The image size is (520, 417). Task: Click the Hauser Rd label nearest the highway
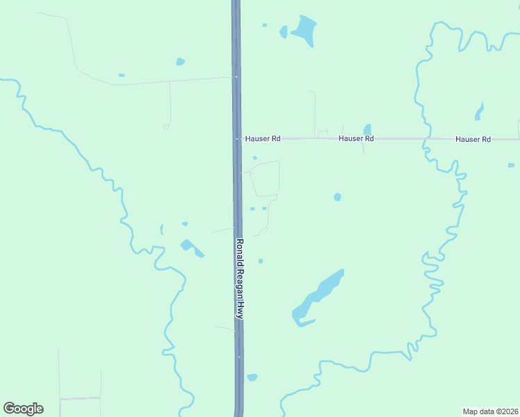[262, 139]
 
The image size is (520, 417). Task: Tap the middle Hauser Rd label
[356, 139]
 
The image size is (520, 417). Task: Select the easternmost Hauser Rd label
[473, 140]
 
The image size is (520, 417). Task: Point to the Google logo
[23, 409]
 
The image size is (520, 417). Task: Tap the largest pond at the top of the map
[304, 29]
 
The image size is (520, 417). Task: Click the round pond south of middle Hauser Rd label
[337, 197]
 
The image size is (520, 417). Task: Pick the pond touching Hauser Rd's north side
[367, 129]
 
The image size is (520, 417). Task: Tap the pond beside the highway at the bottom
[252, 377]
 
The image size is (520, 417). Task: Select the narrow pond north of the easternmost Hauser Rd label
[479, 111]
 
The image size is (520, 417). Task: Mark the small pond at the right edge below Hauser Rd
[511, 165]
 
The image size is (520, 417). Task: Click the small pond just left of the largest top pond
[283, 31]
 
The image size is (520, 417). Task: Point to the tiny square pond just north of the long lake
[261, 261]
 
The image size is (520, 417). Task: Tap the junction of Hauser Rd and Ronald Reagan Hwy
[237, 139]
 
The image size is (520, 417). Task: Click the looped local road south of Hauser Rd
[265, 179]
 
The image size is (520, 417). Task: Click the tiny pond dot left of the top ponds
[264, 25]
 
